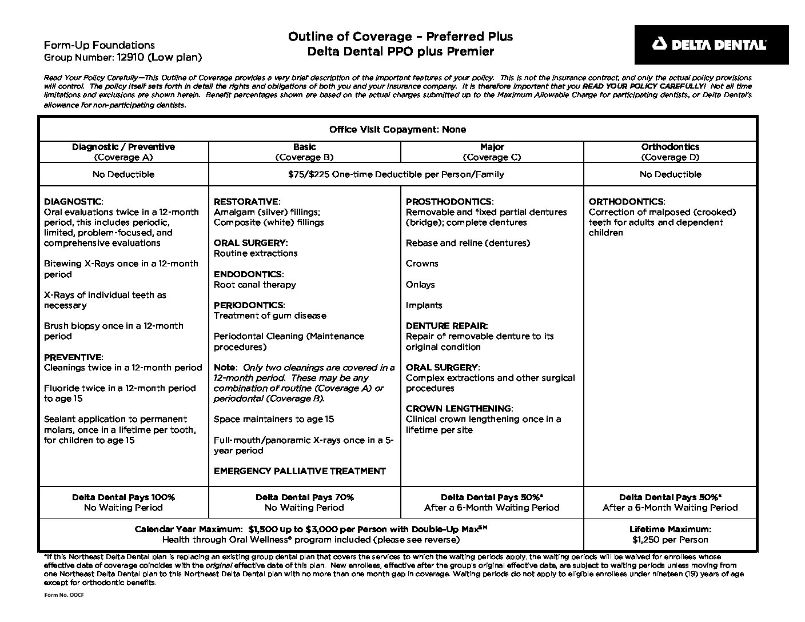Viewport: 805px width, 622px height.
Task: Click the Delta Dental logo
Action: click(711, 45)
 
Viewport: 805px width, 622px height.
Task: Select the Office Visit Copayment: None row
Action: click(397, 130)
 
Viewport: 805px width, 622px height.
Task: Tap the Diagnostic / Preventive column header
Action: click(123, 151)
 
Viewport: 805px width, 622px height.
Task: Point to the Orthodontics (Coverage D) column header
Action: click(670, 151)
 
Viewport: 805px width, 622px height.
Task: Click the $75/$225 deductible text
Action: click(396, 174)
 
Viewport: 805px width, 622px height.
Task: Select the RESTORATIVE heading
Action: click(246, 202)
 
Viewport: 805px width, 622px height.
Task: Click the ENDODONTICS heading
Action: click(248, 274)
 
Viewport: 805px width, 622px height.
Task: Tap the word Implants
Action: click(424, 305)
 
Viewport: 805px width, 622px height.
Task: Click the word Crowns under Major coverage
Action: click(422, 264)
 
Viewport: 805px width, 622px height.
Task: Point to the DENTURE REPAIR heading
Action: click(447, 326)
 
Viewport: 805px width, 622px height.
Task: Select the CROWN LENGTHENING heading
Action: click(459, 409)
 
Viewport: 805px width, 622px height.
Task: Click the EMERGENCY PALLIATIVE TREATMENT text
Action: click(300, 471)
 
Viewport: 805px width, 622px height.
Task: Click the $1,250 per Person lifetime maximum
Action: click(670, 540)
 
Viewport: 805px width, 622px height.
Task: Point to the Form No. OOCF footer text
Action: click(60, 595)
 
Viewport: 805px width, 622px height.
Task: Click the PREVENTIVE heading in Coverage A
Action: click(73, 357)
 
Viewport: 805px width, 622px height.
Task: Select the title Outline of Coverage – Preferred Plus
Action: click(400, 37)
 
